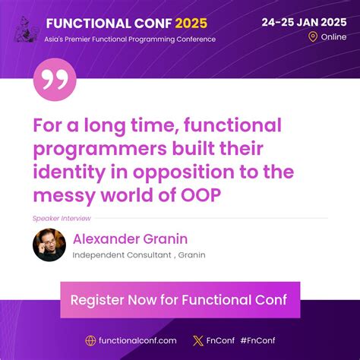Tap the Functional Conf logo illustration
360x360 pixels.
[x=26, y=27]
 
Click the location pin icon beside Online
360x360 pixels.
[x=313, y=36]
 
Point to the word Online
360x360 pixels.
[x=333, y=36]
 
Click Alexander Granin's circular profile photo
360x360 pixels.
[x=49, y=245]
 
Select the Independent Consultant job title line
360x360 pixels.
[x=139, y=255]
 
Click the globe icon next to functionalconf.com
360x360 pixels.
[x=90, y=341]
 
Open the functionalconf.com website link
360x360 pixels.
[x=137, y=341]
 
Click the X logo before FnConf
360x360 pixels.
[x=198, y=341]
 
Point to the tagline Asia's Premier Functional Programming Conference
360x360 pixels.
[x=130, y=39]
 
